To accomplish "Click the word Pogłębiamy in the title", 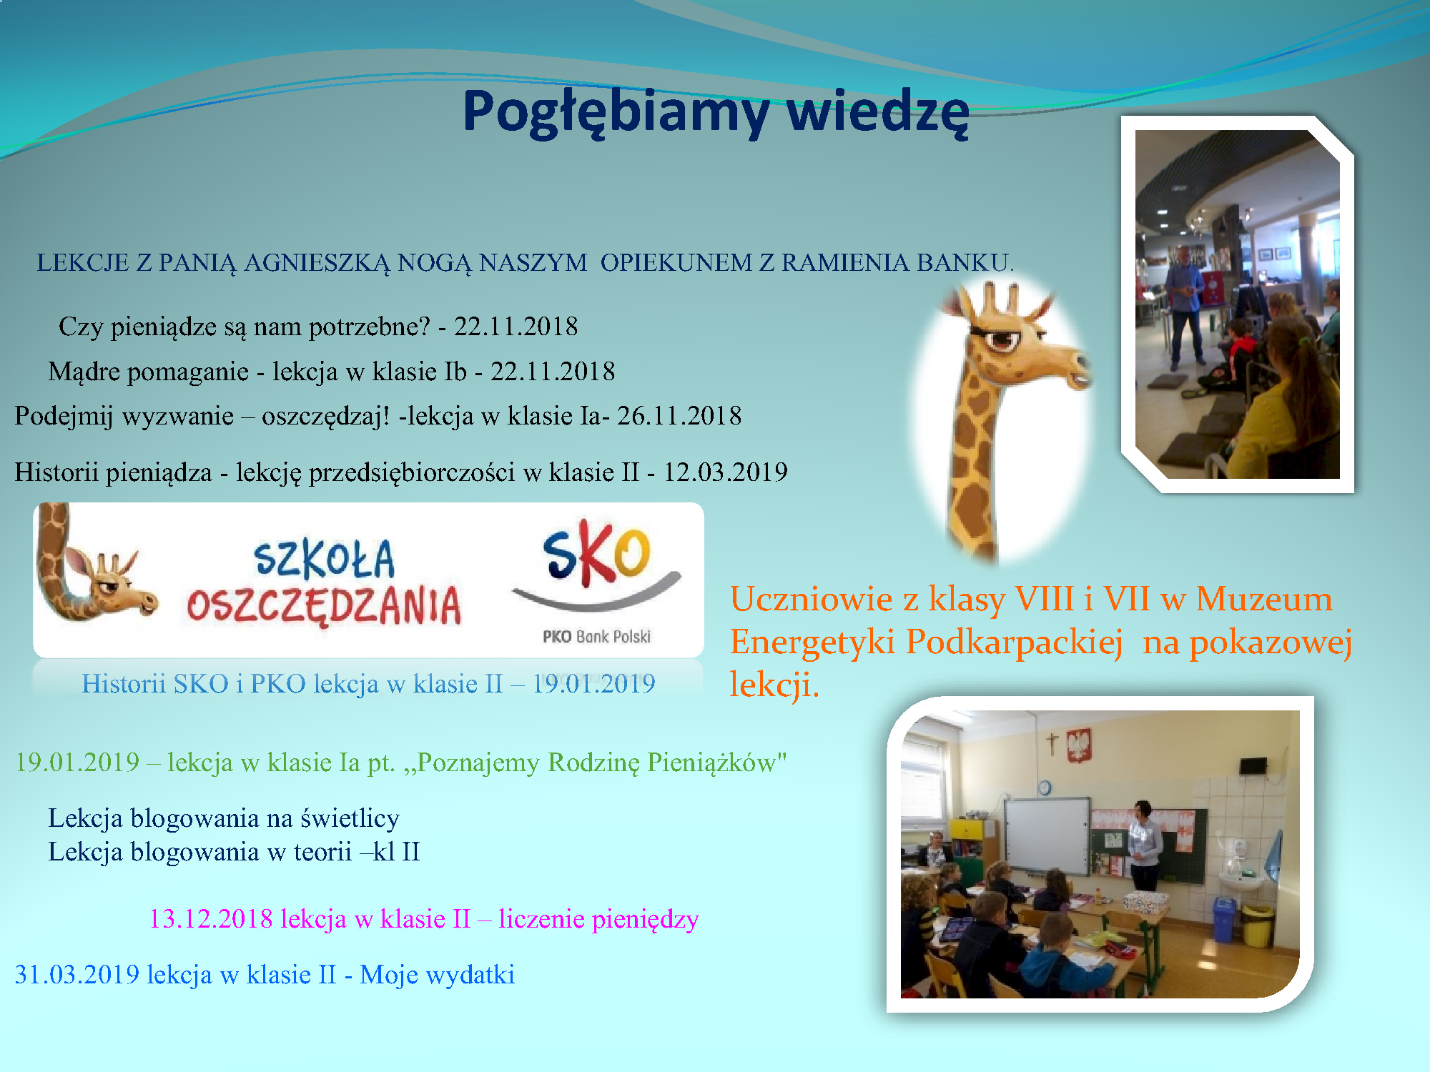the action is pos(616,112).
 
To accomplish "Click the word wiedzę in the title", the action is pos(877,112).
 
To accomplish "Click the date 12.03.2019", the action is pos(726,472).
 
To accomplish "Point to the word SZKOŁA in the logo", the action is pos(324,559).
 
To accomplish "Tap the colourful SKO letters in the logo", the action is pos(596,555).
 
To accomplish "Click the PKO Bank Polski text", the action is pos(596,637).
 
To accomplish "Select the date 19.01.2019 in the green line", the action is pos(77,763).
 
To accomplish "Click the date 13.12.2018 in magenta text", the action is pos(211,919).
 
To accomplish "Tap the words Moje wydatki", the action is pos(437,976).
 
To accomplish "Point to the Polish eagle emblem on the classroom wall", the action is pos(1078,745).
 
